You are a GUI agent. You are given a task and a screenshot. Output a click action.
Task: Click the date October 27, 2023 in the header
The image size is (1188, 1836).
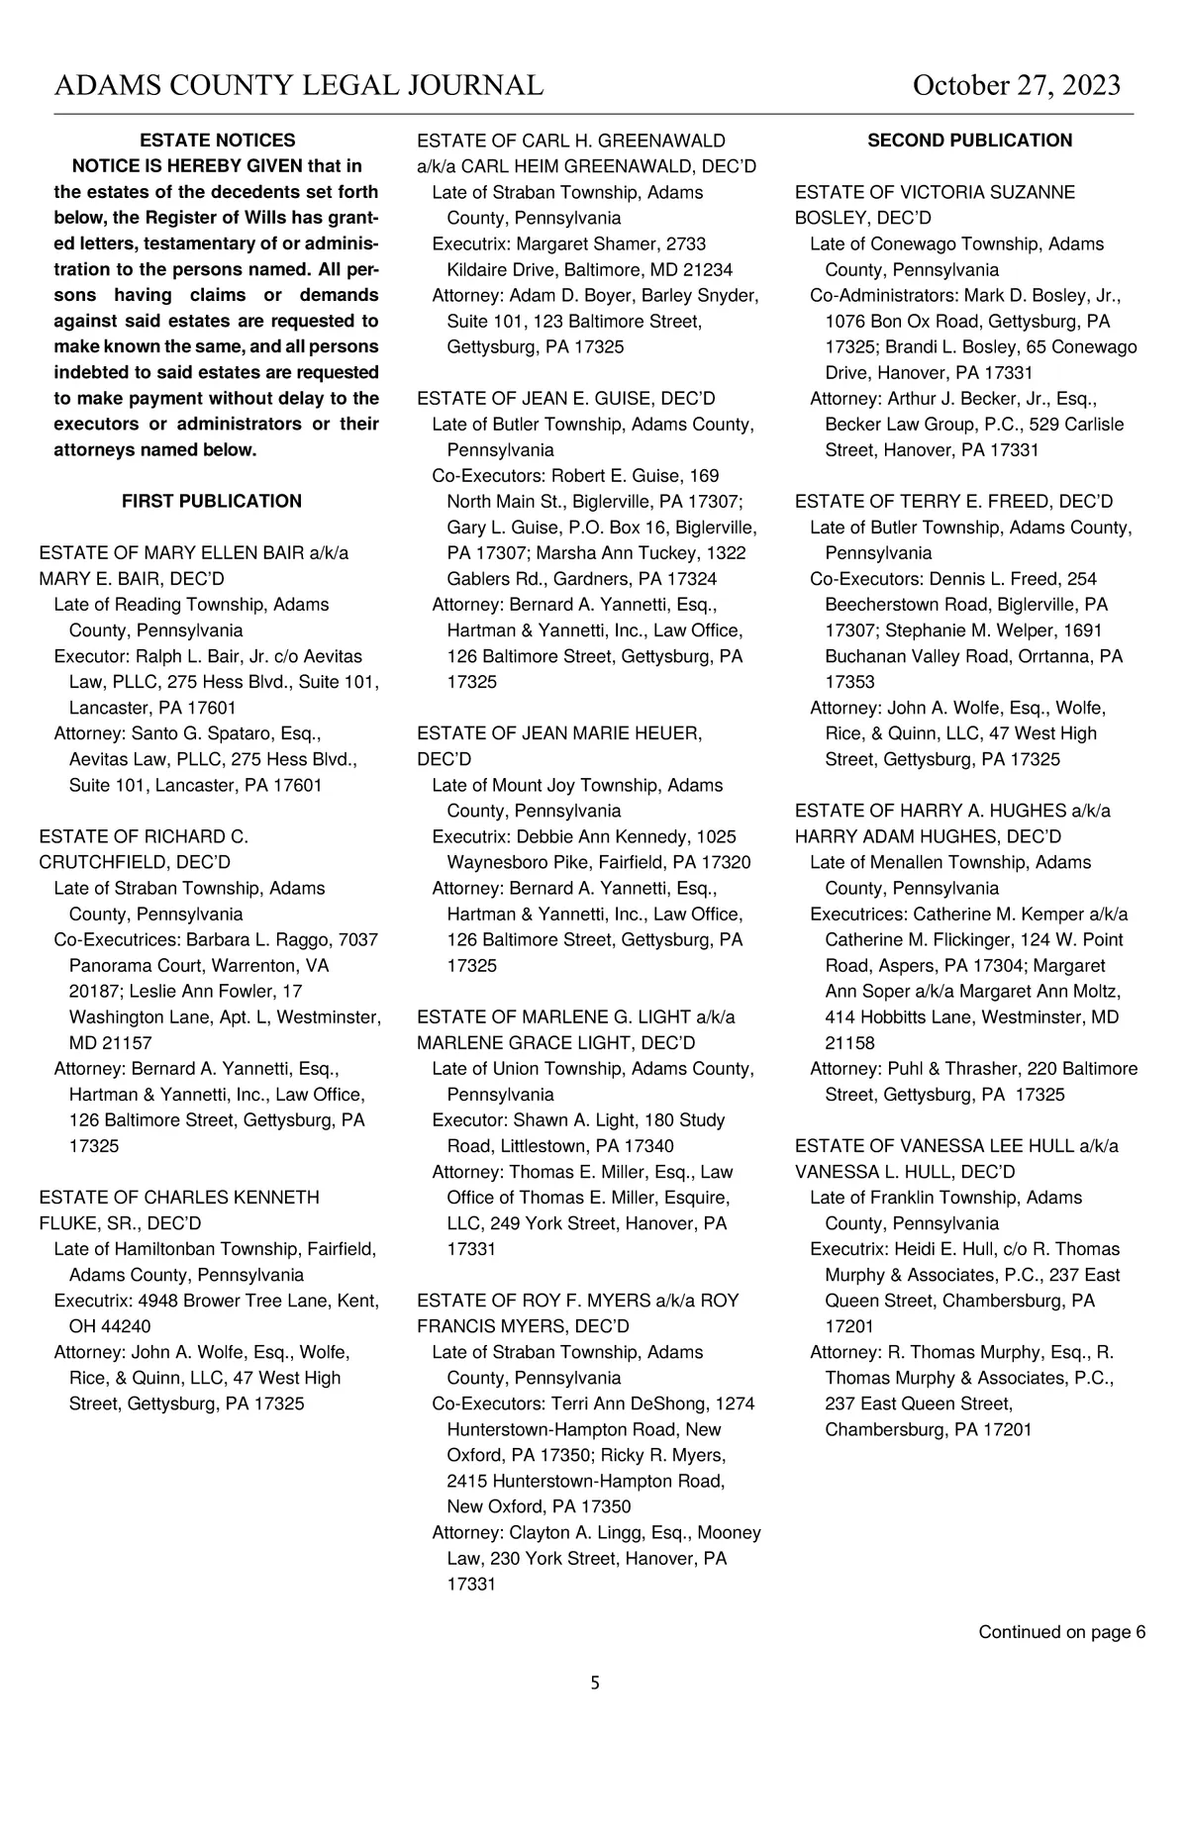[1016, 86]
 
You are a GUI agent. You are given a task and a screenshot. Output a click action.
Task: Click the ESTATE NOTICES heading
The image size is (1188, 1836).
[217, 141]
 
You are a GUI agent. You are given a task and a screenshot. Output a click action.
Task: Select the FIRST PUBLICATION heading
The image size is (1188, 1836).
[211, 502]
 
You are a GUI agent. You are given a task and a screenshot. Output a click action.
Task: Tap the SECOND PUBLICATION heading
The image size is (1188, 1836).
[969, 141]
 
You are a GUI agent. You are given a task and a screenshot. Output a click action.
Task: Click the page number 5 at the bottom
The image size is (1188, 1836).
[595, 1683]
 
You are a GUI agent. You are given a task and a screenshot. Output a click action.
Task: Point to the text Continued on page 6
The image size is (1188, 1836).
[1061, 1632]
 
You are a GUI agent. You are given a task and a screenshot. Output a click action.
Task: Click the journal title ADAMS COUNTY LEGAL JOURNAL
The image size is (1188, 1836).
[299, 86]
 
